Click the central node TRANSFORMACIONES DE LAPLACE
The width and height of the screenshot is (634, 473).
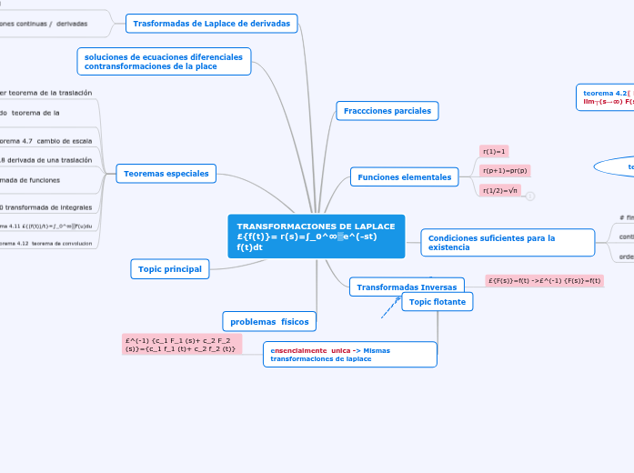coord(316,236)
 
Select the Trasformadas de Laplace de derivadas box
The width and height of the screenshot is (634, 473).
coord(211,23)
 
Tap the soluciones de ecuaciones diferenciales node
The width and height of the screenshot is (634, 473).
coord(164,61)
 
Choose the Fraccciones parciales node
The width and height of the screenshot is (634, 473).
coord(387,111)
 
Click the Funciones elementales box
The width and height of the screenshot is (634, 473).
coord(404,177)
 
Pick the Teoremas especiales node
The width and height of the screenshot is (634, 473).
coord(166,173)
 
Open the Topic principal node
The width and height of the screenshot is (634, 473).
coord(170,268)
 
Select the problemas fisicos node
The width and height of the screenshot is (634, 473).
coord(269,321)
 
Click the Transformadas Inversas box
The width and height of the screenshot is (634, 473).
coord(407,287)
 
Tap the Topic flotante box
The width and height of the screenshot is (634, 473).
coord(438,302)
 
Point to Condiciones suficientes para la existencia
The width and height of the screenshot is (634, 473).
coord(508,243)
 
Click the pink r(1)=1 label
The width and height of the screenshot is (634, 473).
coord(495,151)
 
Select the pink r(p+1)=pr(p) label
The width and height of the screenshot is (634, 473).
coord(505,170)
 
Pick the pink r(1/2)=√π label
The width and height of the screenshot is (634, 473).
coord(500,190)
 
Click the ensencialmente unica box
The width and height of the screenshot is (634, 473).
coord(350,355)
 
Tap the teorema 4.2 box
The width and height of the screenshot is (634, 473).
coord(605,97)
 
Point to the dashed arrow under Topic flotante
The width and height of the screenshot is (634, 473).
coord(390,307)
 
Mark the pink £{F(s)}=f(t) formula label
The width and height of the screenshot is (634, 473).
coord(544,281)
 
